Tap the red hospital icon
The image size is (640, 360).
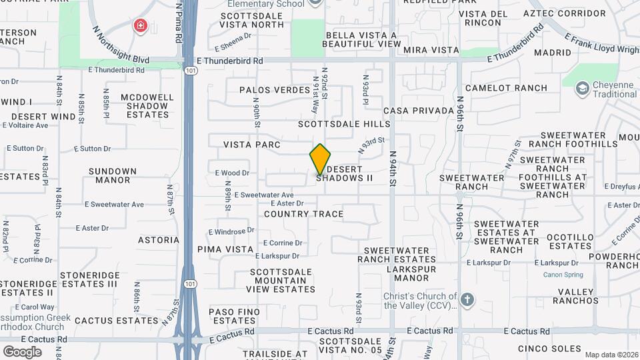point(140,27)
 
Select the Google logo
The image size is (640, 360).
point(22,351)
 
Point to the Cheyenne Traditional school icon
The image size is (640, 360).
point(582,87)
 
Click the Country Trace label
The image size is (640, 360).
point(303,214)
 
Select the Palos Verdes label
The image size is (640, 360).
point(267,89)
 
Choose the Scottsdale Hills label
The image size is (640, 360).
point(344,124)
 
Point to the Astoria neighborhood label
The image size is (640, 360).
point(159,240)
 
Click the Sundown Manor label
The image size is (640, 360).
point(113,175)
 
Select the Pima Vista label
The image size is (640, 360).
point(225,249)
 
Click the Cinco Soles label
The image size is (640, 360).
point(554,349)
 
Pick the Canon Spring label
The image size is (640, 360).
point(563,275)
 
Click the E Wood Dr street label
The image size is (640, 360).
point(232,173)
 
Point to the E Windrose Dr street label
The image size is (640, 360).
point(234,231)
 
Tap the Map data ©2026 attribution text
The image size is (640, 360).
point(610,355)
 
